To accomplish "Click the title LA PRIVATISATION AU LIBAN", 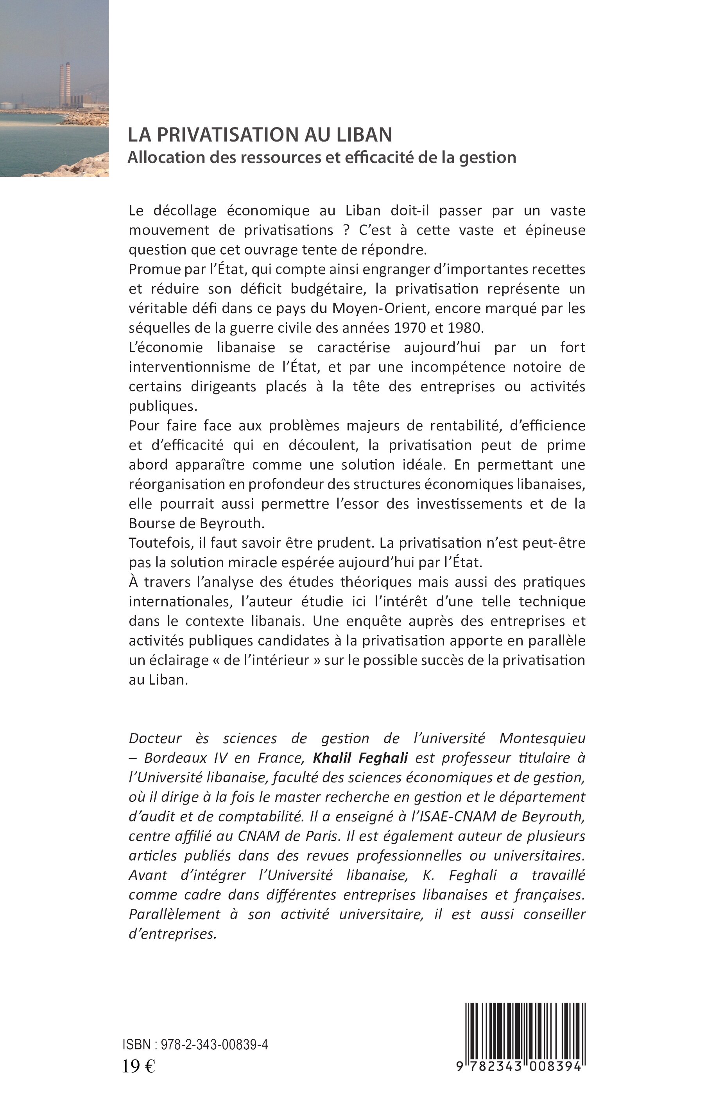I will tap(260, 134).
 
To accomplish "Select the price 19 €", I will tap(138, 1066).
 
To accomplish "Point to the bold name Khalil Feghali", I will tap(360, 758).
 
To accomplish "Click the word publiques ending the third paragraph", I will tap(163, 406).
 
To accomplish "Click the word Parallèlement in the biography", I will tap(174, 914).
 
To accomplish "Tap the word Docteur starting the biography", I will tap(155, 739).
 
